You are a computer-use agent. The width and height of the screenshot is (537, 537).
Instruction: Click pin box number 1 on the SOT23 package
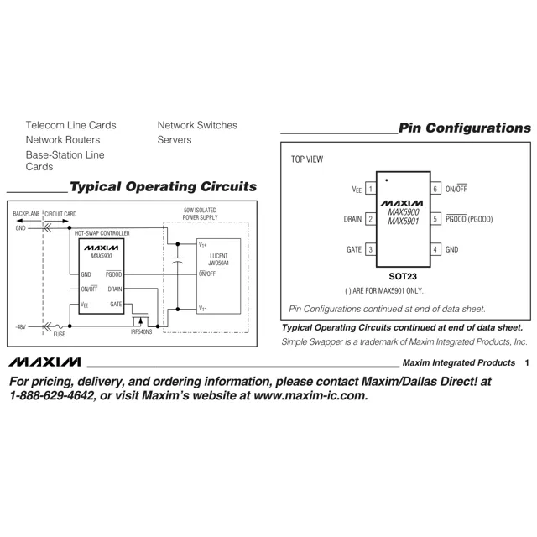point(370,190)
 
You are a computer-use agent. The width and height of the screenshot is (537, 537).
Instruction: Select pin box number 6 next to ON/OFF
point(435,190)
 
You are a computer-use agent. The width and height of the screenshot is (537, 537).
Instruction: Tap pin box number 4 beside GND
point(435,249)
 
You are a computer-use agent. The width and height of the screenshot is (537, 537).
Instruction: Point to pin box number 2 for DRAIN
point(370,219)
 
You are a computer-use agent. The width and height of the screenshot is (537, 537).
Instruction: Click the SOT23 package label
point(403,274)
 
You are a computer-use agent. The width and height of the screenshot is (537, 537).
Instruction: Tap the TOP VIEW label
point(307,159)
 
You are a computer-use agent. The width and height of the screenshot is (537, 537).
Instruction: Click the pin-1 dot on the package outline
point(386,180)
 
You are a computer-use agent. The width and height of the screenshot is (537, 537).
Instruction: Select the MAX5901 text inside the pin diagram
point(404,221)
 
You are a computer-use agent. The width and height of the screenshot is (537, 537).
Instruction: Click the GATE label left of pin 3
point(354,249)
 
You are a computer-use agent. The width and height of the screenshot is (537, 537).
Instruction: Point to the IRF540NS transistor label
point(145,332)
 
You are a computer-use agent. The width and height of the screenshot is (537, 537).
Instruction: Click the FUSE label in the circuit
point(59,333)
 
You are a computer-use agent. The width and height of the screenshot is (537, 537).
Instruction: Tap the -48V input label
point(20,326)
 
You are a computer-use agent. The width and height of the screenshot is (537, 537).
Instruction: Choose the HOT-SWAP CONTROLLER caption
point(102,232)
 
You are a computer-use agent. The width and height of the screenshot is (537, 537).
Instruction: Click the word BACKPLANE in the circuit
point(27,214)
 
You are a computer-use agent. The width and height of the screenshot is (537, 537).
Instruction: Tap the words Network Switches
point(197,125)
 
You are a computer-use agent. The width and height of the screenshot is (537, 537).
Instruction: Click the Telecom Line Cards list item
point(70,125)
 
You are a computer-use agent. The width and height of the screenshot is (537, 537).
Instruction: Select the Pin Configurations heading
point(465,128)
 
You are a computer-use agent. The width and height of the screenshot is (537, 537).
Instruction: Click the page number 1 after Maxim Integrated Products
point(526,363)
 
